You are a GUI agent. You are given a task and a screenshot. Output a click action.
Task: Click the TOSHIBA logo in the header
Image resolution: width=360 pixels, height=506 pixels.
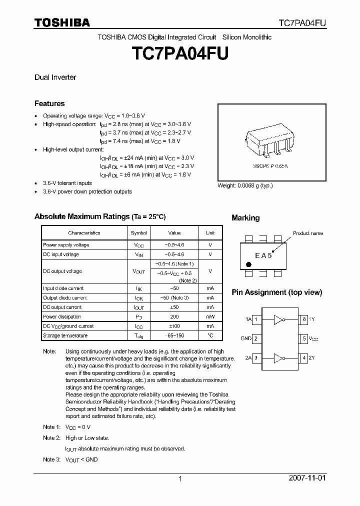point(62,22)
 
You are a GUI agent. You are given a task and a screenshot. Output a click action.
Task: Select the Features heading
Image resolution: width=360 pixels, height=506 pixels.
point(49,103)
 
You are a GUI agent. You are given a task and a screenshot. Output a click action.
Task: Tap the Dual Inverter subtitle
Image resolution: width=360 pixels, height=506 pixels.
point(55,77)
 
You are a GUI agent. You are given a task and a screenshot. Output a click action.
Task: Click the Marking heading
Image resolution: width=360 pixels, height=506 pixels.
point(245,218)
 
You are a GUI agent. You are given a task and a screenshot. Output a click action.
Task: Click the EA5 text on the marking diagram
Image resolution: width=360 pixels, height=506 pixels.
point(263,255)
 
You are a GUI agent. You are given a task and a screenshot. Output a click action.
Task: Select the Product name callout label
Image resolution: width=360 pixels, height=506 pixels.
point(307,233)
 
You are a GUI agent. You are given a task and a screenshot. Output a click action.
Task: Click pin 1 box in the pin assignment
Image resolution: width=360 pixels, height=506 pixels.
point(256,319)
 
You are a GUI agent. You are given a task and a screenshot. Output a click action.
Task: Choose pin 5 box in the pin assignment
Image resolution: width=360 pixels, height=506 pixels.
point(303,338)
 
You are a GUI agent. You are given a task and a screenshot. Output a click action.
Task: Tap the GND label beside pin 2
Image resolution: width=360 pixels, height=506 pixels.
point(245,338)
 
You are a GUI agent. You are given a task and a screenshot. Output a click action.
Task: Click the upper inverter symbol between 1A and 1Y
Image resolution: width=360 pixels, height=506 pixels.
point(279,319)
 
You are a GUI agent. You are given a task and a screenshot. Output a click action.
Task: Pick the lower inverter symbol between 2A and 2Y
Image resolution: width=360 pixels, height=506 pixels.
point(279,357)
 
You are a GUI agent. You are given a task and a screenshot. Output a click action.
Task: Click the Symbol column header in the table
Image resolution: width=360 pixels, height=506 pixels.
point(139,233)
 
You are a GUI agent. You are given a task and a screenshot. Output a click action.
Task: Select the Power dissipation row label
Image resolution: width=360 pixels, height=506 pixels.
point(62,316)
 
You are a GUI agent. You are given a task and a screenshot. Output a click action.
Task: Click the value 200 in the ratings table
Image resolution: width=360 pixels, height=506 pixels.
point(174,316)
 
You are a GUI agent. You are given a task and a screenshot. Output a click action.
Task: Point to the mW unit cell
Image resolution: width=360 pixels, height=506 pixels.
point(210,316)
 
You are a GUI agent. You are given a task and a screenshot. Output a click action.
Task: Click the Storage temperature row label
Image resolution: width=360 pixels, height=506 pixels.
point(65,335)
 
